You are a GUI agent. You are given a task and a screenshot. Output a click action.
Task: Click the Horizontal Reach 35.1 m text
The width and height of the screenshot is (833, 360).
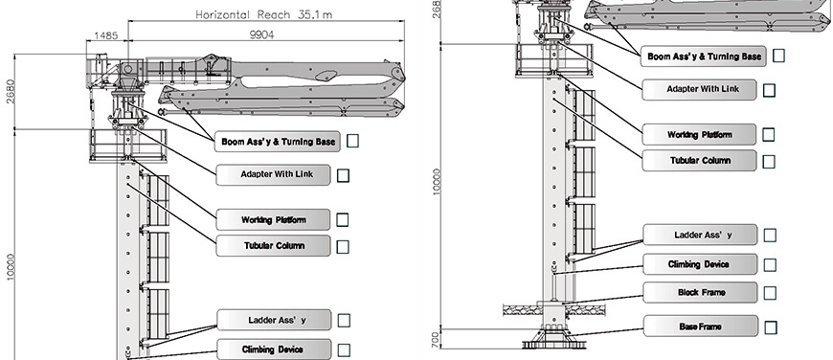[264, 14]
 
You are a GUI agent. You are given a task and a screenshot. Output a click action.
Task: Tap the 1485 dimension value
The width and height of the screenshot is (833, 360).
[105, 35]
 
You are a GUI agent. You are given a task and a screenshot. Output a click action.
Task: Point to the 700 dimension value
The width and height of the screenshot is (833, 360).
[435, 339]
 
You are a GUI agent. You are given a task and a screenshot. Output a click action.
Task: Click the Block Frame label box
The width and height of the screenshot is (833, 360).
[700, 293]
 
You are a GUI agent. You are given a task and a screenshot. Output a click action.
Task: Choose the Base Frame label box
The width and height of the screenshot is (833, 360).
[700, 326]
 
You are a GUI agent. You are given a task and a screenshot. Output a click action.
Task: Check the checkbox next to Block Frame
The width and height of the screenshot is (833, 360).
[769, 293]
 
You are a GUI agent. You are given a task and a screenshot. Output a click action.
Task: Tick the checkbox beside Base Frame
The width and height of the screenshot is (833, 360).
[771, 327]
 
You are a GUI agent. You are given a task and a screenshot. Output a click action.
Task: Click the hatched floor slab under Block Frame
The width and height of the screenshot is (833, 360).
[520, 309]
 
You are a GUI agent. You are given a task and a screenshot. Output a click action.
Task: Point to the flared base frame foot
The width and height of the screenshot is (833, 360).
[553, 338]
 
